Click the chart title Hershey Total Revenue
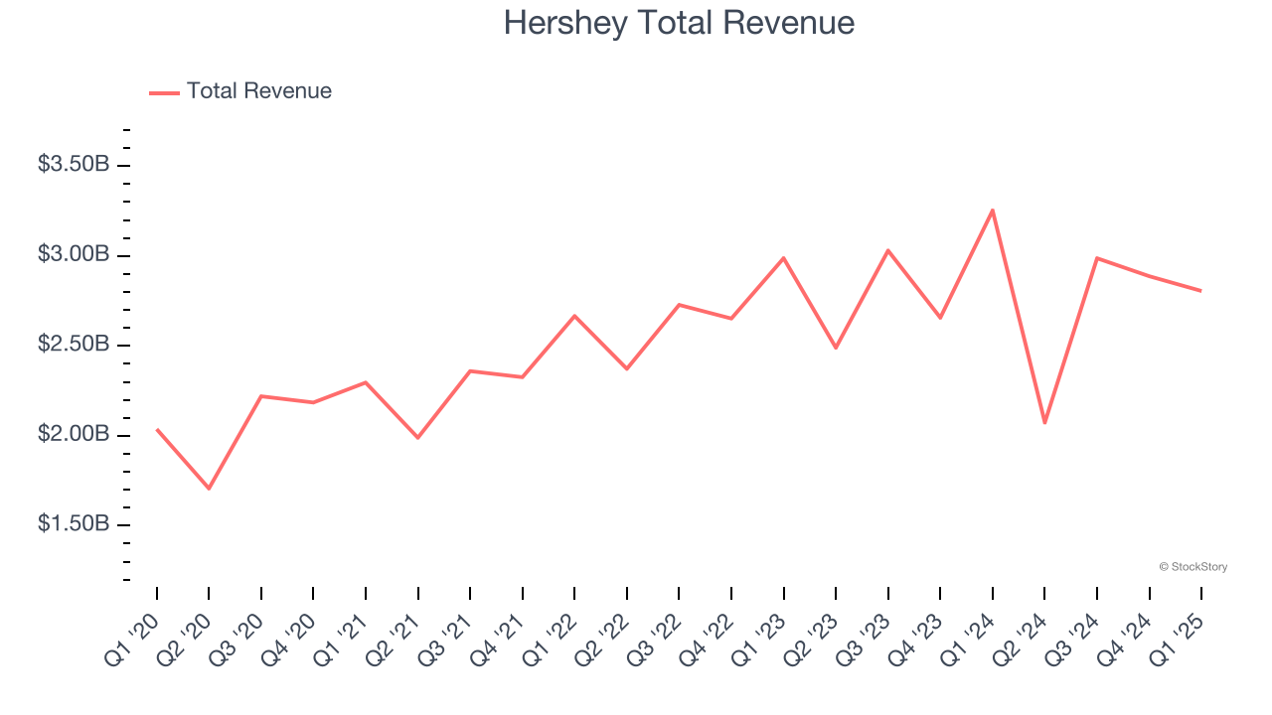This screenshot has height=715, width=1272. coord(679,22)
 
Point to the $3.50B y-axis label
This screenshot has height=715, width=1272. coord(74,165)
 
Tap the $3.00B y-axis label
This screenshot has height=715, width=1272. coord(74,254)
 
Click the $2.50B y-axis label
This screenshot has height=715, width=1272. coord(74,345)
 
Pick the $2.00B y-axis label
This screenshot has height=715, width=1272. coord(74,435)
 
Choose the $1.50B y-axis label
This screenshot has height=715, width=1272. coord(74,524)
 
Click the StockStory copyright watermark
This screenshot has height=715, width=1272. coord(1192,567)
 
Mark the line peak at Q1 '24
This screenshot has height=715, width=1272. coord(993,210)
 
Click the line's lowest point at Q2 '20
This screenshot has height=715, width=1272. coord(209,489)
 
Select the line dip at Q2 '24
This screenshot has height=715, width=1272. coord(1044,423)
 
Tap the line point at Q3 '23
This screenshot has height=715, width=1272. coord(887,250)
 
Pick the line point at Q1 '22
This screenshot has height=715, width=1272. coord(574,316)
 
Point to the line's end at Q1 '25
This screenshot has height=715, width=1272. coord(1200,291)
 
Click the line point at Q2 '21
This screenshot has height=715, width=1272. coord(418,438)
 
